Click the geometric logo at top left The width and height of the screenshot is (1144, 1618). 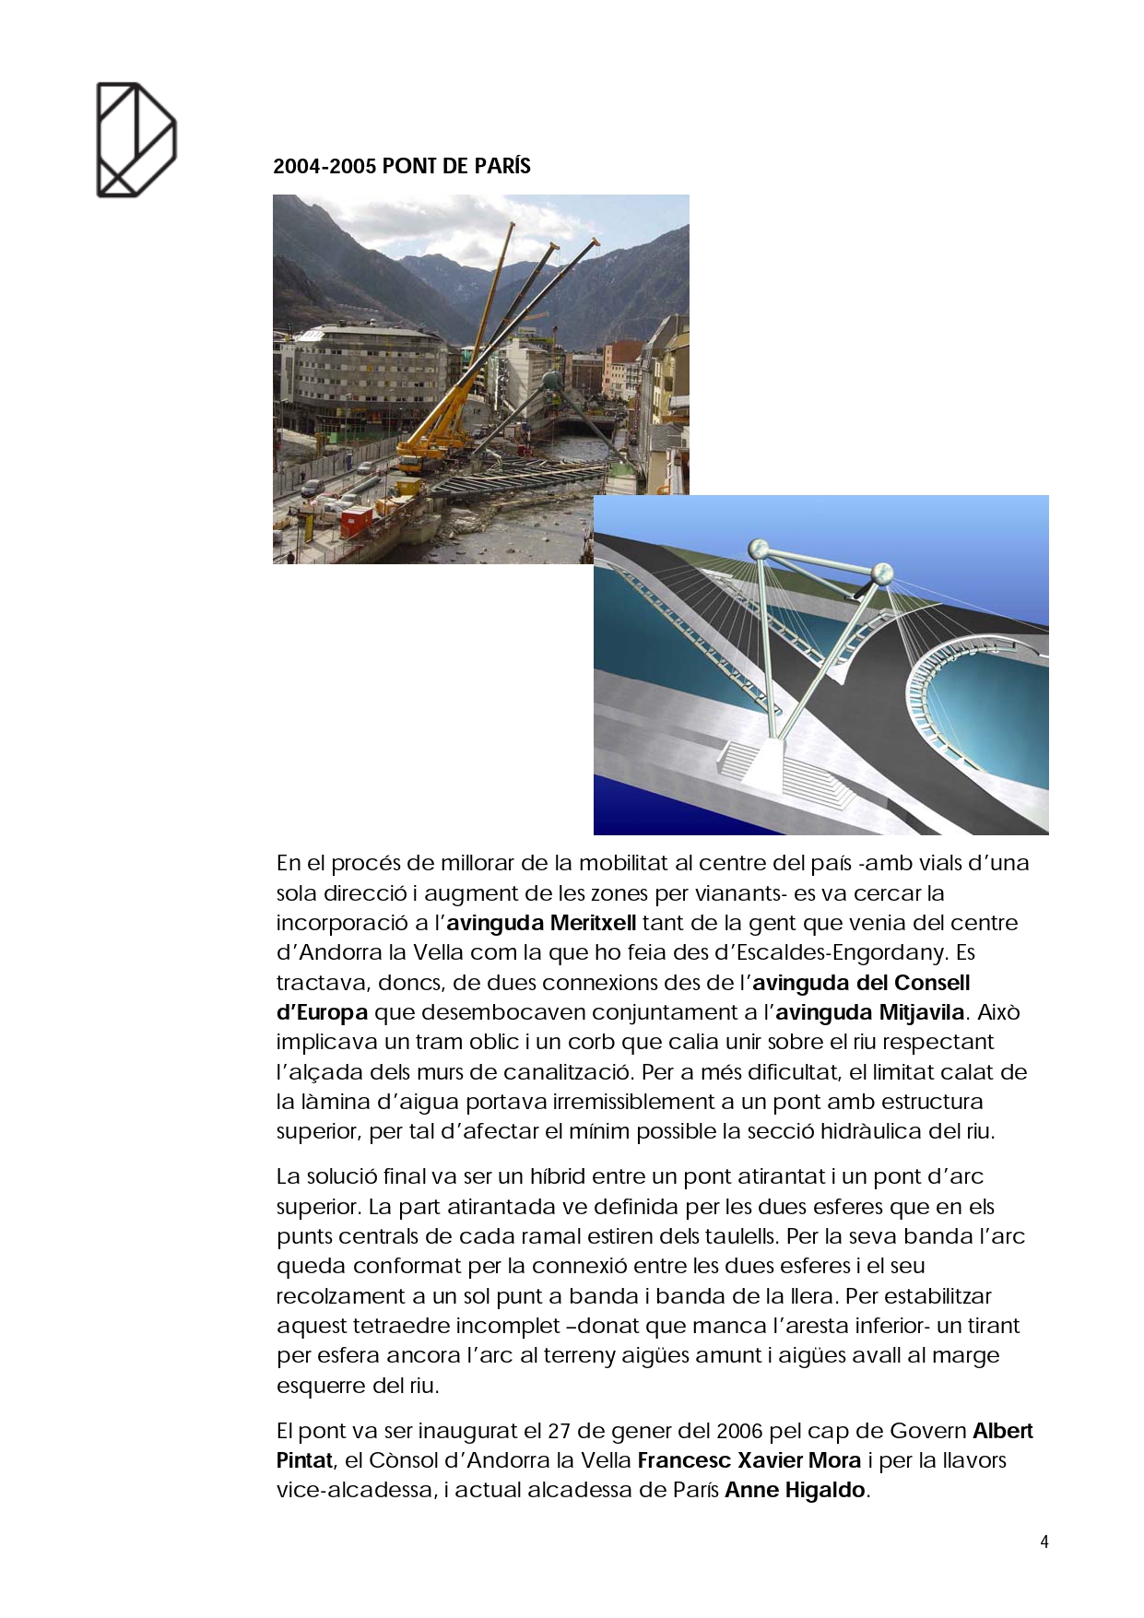coord(136,140)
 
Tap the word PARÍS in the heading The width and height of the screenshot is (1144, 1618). coord(503,167)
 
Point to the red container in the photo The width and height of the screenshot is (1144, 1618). coord(356,522)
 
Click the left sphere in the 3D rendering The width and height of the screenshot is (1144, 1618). coord(762,550)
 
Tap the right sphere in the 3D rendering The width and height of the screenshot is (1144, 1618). coord(882,573)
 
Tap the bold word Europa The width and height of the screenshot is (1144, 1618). coord(331,1012)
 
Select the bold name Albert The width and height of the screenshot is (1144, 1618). coord(1003,1431)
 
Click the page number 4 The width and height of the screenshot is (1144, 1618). coord(1044,1541)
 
